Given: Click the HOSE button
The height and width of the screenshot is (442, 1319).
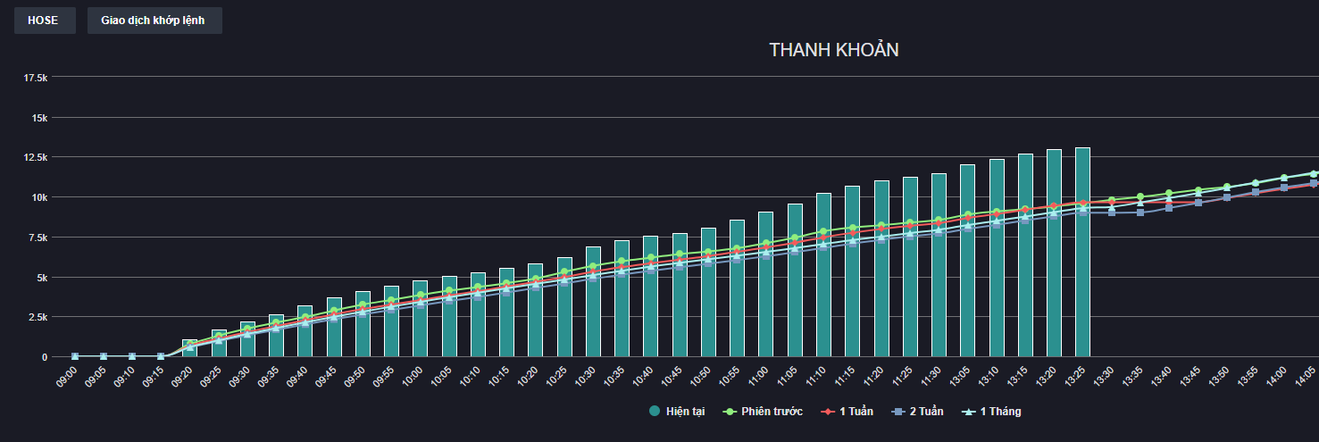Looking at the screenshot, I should [44, 21].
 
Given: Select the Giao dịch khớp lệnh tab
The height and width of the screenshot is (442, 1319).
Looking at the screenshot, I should [154, 21].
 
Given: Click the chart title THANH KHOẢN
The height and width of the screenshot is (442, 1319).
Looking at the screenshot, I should [833, 50].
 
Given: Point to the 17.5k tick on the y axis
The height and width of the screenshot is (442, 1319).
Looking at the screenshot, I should [36, 79].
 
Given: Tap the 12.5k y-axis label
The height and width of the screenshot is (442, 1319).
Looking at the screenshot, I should [36, 157].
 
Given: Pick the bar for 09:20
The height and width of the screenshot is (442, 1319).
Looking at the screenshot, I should [189, 349].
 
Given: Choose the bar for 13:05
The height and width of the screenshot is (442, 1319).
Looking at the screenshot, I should [967, 268].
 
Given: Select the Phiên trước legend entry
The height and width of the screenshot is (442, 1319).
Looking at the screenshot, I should [765, 412].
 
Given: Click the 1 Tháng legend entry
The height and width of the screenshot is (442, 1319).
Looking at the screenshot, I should [994, 412].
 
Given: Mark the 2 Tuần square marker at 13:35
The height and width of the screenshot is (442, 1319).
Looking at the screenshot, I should [1140, 213].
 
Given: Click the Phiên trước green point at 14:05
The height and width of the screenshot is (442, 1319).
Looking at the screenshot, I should [1313, 173].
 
